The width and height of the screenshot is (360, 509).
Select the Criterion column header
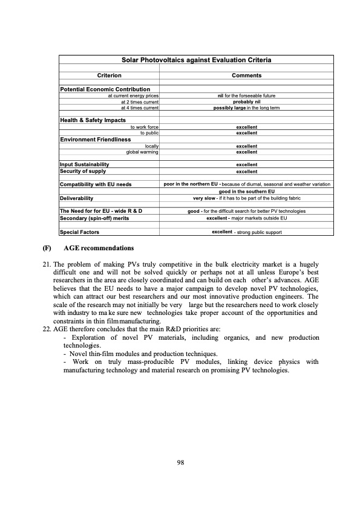click(110, 76)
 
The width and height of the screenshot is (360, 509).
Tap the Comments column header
click(246, 76)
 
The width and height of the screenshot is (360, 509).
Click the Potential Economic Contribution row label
click(105, 89)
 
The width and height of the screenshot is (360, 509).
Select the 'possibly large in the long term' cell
click(246, 108)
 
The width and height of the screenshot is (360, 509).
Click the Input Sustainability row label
click(84, 164)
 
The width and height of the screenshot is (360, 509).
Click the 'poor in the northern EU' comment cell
click(246, 184)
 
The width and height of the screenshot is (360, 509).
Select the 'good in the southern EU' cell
click(246, 191)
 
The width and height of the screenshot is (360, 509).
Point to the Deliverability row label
click(76, 198)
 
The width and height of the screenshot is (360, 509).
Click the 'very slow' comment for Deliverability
click(246, 198)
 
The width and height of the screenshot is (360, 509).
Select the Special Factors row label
click(79, 232)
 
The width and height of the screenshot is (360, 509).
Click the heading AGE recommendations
click(99, 248)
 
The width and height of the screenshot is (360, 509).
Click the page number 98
click(180, 462)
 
